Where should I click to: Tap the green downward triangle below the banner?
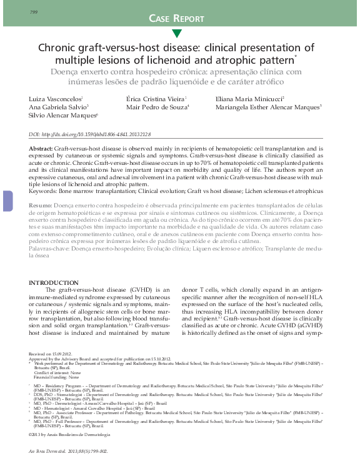(x=177, y=33)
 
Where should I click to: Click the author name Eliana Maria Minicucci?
(x=249, y=99)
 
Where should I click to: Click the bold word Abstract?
(x=41, y=149)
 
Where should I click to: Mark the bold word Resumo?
(x=41, y=205)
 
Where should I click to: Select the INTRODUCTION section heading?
(x=54, y=283)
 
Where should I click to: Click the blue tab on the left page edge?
(x=7, y=201)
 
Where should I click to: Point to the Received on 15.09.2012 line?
(x=50, y=354)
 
